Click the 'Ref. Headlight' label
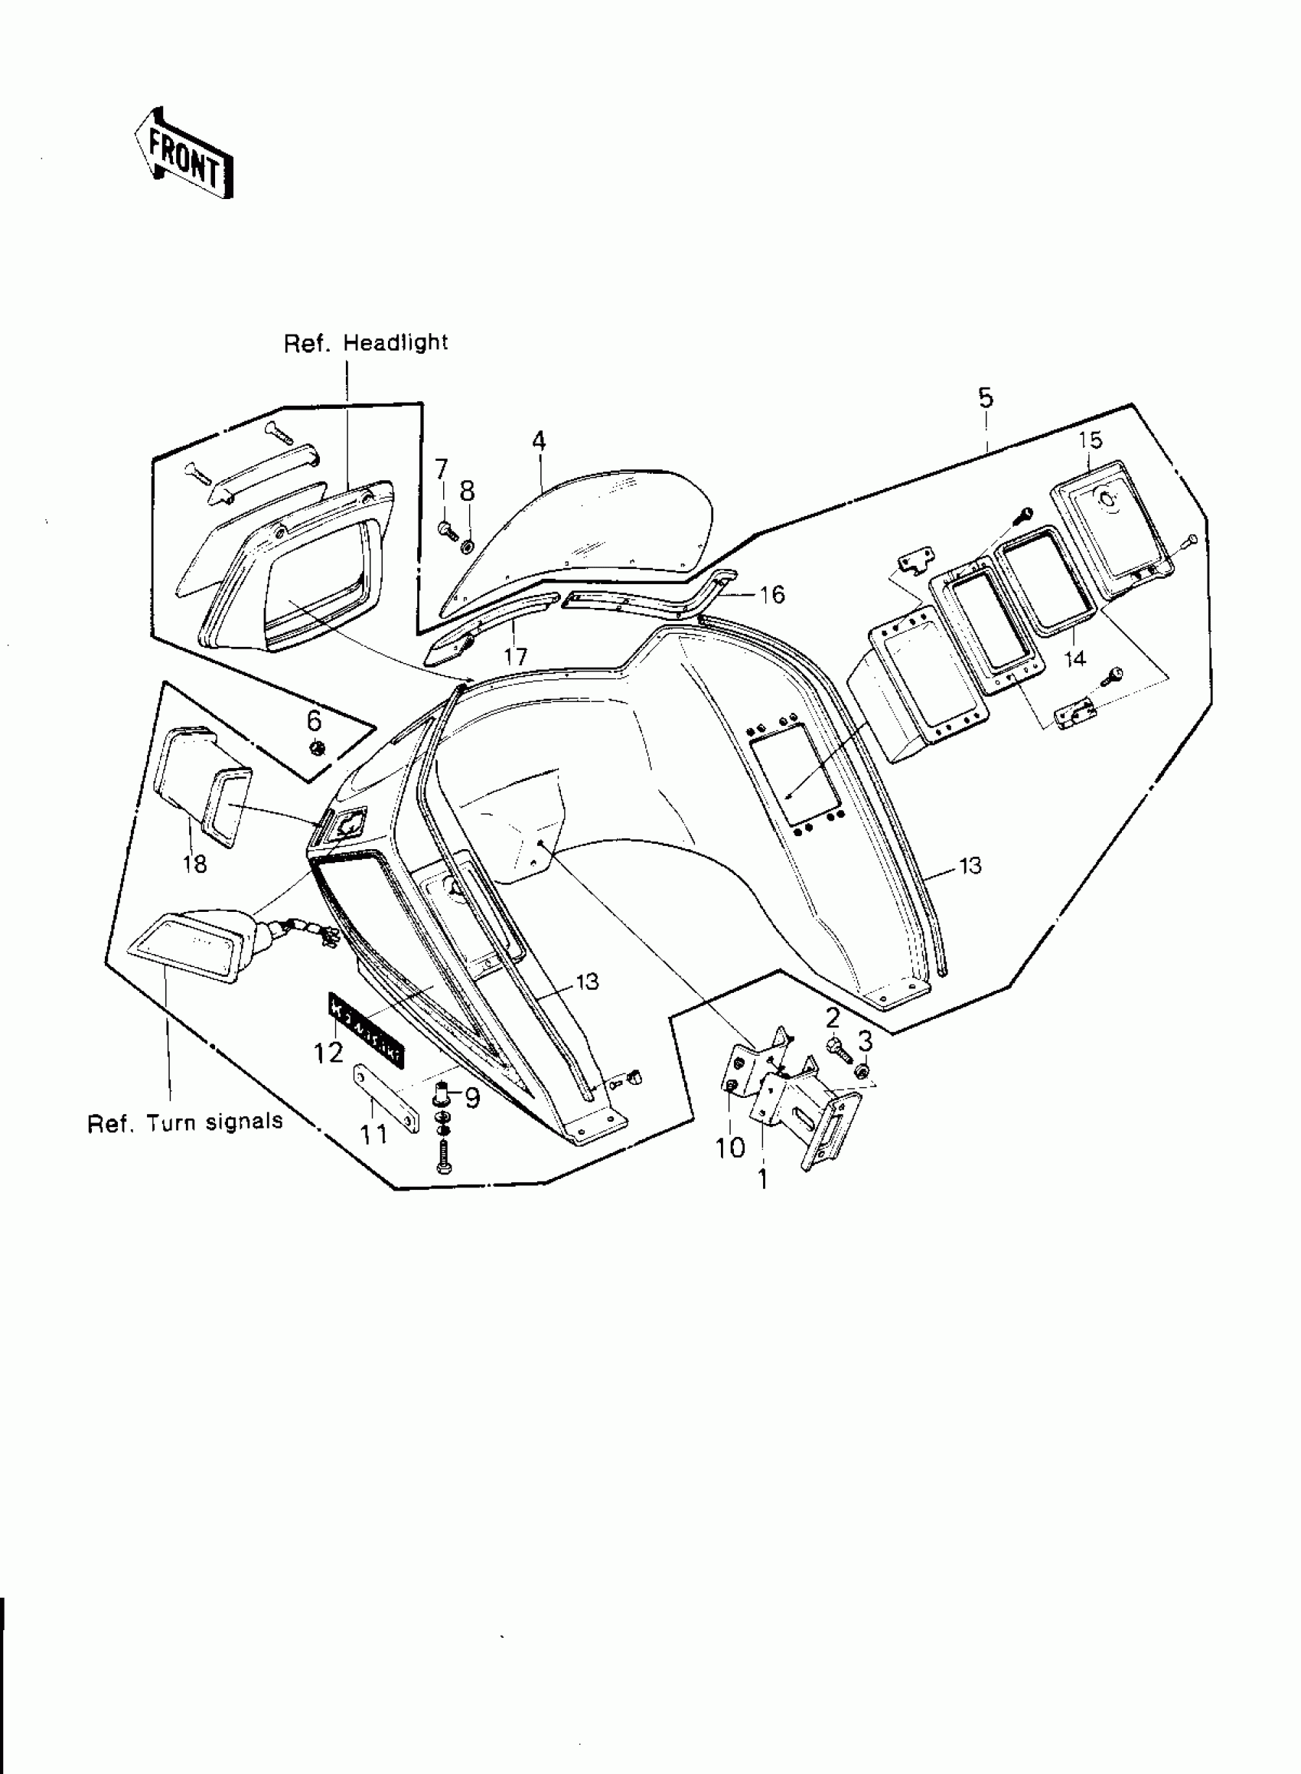tap(365, 344)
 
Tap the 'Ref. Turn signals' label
tap(185, 1122)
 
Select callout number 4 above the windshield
tap(539, 441)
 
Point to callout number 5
tap(986, 398)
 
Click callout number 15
tap(1091, 440)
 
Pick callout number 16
tap(773, 595)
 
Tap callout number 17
tap(516, 655)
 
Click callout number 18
tap(194, 864)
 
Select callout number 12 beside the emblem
tap(329, 1052)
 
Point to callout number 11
tap(374, 1135)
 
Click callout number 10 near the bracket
tap(729, 1147)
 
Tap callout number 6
tap(315, 720)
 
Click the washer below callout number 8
tap(467, 545)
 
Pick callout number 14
tap(1074, 658)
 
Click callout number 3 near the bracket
tap(865, 1042)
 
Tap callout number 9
tap(471, 1097)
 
